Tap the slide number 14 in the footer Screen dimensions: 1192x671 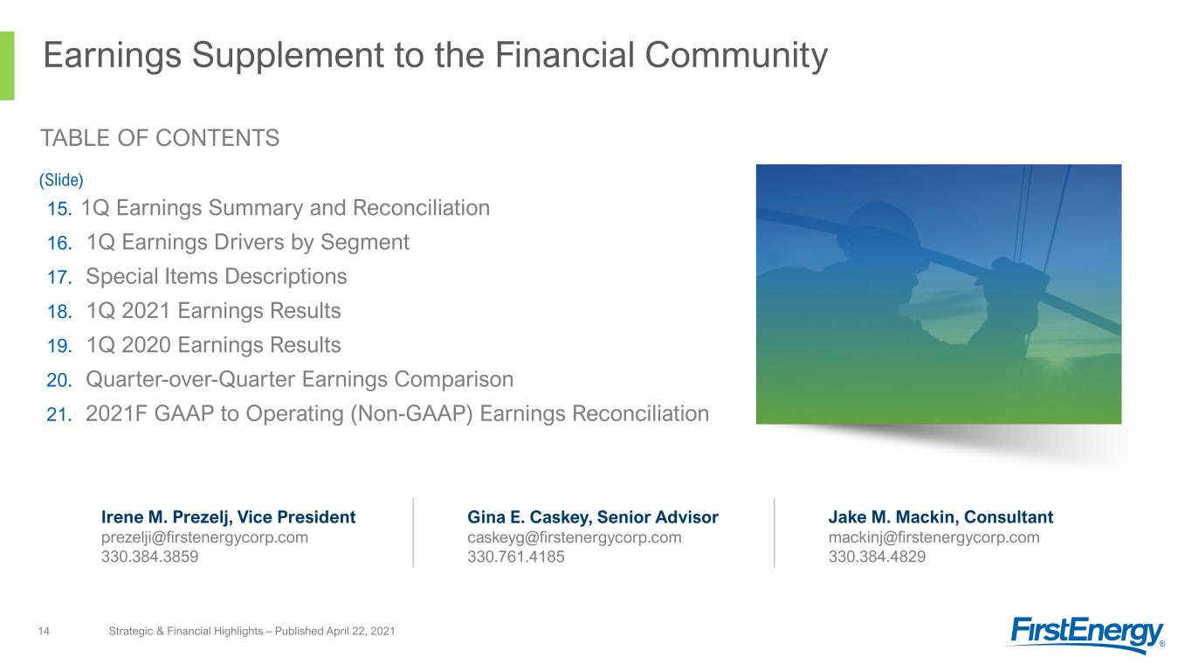pos(44,632)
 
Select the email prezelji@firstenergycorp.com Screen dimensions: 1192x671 pos(205,538)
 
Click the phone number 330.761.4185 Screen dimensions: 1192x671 pos(515,557)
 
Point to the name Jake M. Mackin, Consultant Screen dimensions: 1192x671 pos(941,517)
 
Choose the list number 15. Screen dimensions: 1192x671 pos(59,209)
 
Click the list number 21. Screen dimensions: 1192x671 pos(59,414)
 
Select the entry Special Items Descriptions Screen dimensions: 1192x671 pos(216,277)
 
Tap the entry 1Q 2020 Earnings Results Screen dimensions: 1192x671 pos(213,345)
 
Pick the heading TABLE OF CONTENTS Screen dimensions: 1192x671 pos(160,138)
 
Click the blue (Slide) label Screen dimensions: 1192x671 pos(61,180)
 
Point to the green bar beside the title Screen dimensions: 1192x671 pos(7,66)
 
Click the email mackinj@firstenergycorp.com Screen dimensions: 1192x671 pos(934,538)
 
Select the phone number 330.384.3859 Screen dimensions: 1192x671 pos(149,557)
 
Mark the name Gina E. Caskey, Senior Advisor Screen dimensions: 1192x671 pos(593,517)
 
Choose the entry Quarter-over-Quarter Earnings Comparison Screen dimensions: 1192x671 pos(300,380)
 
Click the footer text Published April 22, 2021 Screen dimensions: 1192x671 pos(334,632)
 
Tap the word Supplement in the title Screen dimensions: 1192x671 pos(288,56)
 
